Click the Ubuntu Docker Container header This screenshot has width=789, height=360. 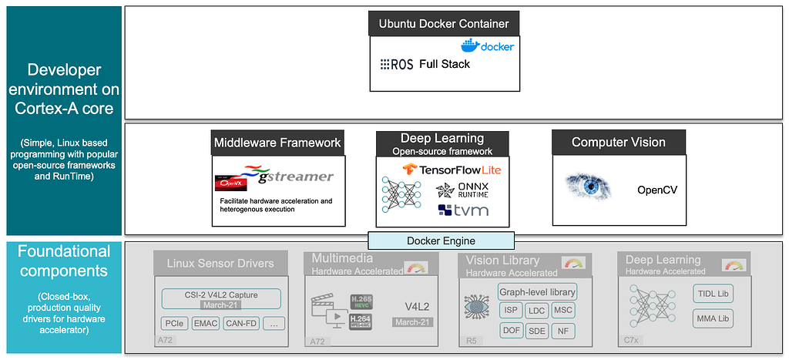tap(443, 23)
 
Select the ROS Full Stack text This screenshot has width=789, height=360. tap(425, 64)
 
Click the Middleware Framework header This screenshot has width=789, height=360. tap(277, 143)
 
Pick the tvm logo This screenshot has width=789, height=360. tap(456, 210)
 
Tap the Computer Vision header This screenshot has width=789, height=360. tap(619, 142)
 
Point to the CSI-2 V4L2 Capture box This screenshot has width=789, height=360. tap(220, 298)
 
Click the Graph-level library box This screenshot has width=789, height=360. tap(537, 292)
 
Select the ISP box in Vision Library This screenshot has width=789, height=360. tap(510, 311)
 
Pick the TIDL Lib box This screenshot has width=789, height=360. tap(713, 294)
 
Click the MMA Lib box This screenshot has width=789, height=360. tap(713, 318)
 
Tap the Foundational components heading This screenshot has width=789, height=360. tap(64, 261)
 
